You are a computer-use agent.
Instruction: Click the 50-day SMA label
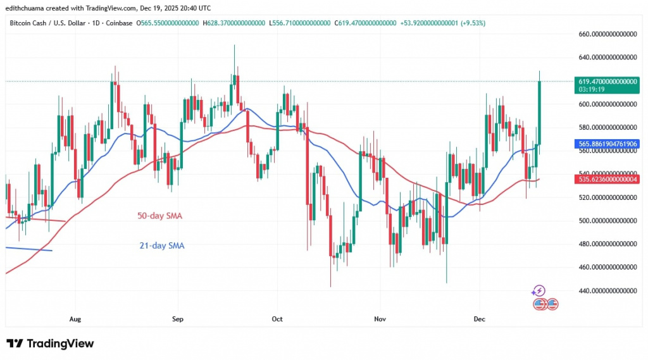click(159, 216)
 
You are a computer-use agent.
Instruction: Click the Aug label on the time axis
click(75, 320)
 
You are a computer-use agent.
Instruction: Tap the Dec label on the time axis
click(479, 320)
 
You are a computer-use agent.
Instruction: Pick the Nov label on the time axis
click(379, 320)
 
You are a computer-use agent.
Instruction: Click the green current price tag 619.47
click(606, 82)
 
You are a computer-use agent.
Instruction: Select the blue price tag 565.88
click(606, 144)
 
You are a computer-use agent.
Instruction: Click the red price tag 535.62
click(606, 180)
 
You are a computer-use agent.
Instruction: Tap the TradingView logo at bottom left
click(51, 344)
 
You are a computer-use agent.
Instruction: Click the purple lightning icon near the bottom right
click(539, 291)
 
